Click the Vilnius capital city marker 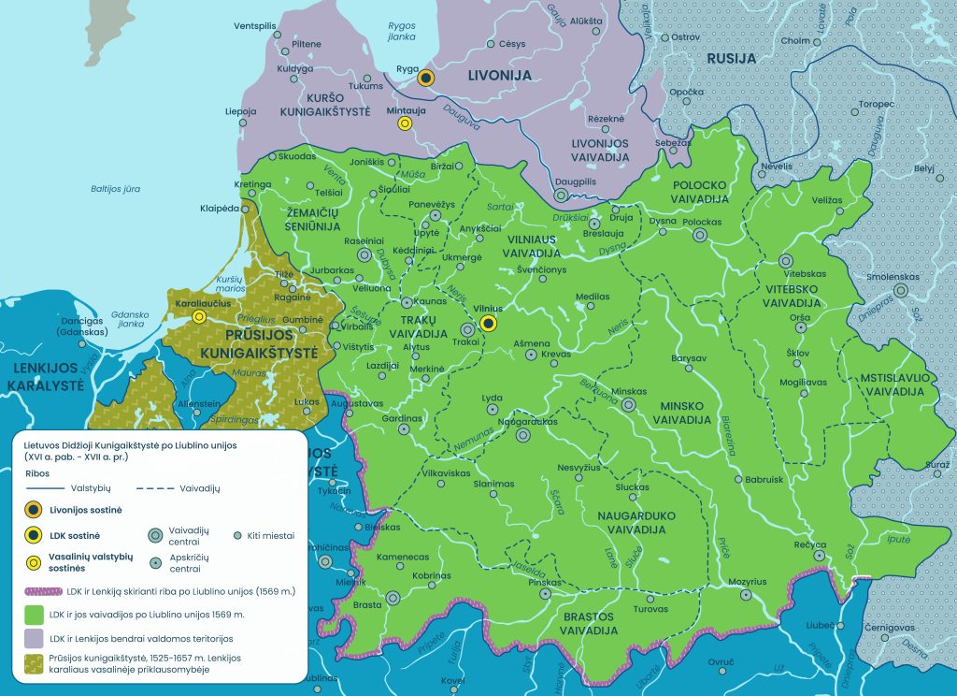pyautogui.click(x=488, y=324)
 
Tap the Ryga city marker pyautogui.click(x=426, y=79)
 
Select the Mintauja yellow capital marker pyautogui.click(x=405, y=123)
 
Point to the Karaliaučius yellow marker pyautogui.click(x=199, y=317)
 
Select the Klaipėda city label pyautogui.click(x=221, y=208)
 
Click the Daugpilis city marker pyautogui.click(x=561, y=196)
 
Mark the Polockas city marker pyautogui.click(x=699, y=236)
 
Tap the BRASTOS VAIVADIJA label pyautogui.click(x=588, y=623)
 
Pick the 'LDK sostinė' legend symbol pyautogui.click(x=34, y=535)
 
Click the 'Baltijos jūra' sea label pyautogui.click(x=115, y=189)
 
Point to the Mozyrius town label pyautogui.click(x=747, y=581)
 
